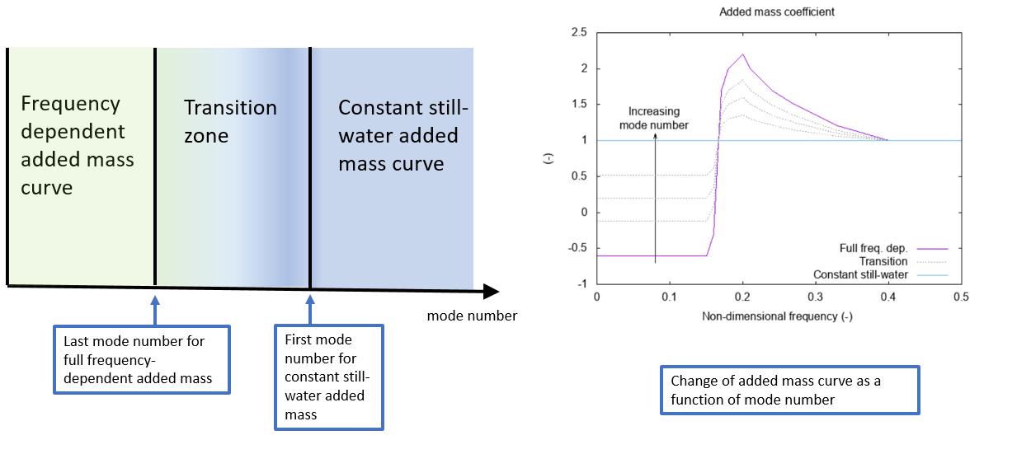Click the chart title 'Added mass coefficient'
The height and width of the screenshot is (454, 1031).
[777, 12]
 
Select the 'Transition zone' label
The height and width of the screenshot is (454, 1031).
[230, 120]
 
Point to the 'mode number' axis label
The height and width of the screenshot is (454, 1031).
[472, 316]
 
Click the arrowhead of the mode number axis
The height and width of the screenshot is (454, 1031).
[491, 291]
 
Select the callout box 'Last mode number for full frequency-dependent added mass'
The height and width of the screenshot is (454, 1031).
[141, 359]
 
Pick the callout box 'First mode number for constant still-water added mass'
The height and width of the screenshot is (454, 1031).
[328, 377]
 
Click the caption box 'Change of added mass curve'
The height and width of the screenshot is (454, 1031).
[789, 390]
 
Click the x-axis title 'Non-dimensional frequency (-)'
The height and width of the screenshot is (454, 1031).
[777, 316]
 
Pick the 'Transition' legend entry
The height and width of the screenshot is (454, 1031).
[883, 261]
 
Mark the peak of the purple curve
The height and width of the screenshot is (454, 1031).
[742, 54]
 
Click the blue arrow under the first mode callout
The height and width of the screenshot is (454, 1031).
[310, 310]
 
